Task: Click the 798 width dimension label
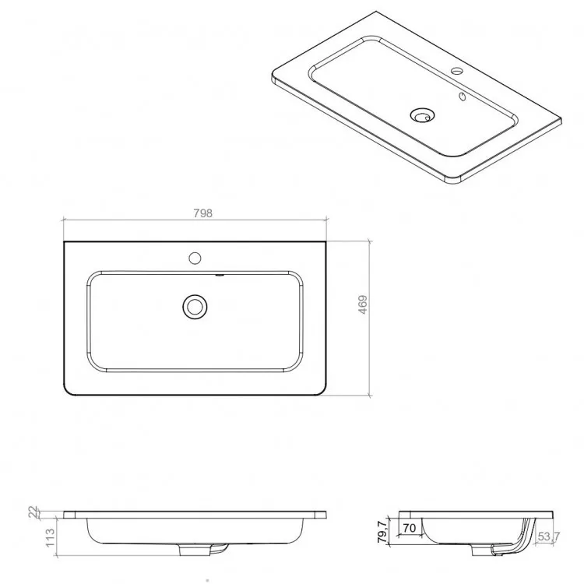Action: [202, 213]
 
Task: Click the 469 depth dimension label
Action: [363, 304]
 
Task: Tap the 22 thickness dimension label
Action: [33, 512]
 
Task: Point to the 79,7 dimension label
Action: [383, 532]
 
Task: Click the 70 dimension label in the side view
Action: [409, 528]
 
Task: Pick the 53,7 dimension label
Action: [549, 537]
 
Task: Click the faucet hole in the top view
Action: [195, 258]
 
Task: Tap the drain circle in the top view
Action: [195, 307]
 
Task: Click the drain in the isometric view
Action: [422, 114]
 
